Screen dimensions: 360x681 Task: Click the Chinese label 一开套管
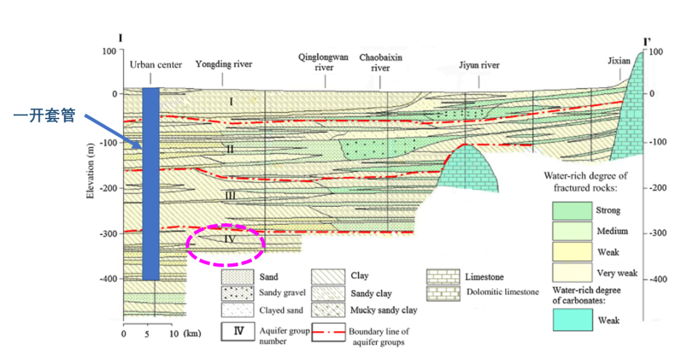coord(45,115)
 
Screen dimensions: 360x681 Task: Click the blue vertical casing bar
coord(151,183)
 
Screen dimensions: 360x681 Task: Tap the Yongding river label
coord(223,64)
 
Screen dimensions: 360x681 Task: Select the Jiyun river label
coord(479,65)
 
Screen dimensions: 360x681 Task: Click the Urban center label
coord(156,64)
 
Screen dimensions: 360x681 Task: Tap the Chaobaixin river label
coord(381,63)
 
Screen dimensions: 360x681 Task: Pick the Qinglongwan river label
coord(323,62)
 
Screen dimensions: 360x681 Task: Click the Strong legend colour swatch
coord(569,210)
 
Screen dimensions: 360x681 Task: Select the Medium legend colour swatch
coord(569,231)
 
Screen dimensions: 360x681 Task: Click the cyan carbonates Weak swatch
coord(569,320)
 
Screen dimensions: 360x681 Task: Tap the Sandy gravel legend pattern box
coord(237,293)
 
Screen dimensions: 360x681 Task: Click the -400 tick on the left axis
coord(109,279)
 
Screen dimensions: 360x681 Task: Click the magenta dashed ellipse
coord(225,244)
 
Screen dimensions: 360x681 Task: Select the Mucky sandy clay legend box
coord(327,310)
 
